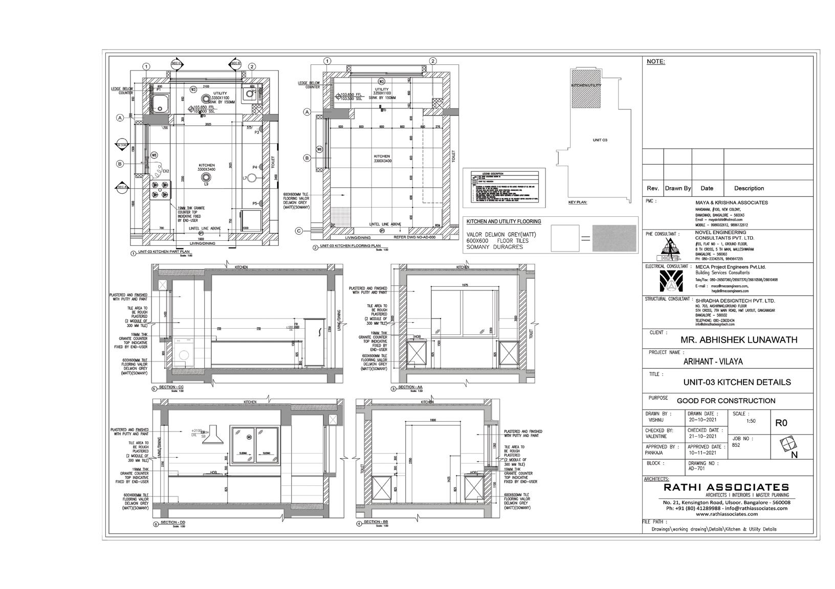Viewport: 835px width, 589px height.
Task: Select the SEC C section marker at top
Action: point(177,63)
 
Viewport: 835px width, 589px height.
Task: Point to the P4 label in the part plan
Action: point(255,167)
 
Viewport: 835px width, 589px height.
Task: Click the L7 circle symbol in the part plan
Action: point(252,178)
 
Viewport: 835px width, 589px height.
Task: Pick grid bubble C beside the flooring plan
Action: point(299,231)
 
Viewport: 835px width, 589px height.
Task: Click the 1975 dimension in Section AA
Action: point(465,285)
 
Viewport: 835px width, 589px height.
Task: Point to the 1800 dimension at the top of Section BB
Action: point(432,420)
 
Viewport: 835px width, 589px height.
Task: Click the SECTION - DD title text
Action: point(171,522)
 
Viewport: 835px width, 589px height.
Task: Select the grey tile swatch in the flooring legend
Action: point(614,238)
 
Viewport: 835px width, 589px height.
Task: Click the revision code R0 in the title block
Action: point(781,423)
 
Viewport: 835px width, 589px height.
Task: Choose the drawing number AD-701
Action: point(696,469)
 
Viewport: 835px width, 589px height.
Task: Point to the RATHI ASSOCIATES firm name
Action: point(726,487)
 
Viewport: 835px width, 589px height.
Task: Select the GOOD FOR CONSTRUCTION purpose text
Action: point(726,401)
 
